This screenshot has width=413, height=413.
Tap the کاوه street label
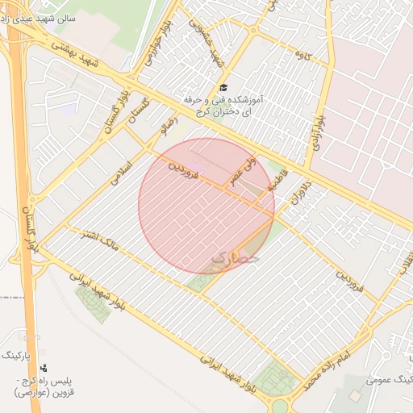(303, 55)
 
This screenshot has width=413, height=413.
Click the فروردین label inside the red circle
(183, 167)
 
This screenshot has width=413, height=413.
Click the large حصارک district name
(236, 258)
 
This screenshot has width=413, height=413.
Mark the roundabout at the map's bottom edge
(279, 405)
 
